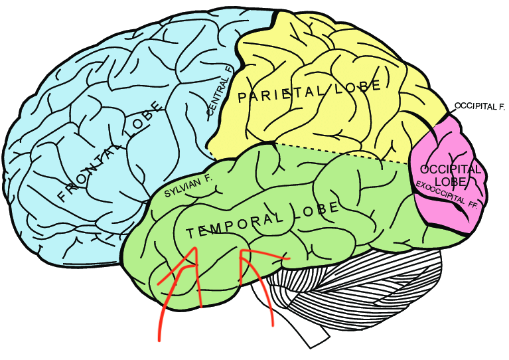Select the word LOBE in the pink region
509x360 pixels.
447,181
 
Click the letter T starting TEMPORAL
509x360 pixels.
190,233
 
